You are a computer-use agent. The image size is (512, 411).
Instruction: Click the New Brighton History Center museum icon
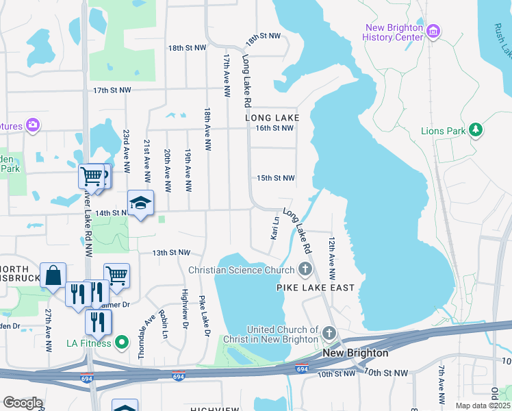433,32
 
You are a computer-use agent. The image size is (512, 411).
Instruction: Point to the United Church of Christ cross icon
329,335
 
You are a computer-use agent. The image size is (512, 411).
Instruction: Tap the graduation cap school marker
140,203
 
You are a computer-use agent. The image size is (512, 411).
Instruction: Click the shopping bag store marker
53,275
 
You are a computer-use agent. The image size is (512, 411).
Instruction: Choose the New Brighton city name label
355,353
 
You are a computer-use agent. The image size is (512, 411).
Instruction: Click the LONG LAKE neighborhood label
272,118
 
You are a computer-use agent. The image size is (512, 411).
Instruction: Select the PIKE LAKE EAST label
316,288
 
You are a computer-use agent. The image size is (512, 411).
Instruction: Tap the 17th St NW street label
112,90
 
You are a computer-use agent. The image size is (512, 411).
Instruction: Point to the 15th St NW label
275,178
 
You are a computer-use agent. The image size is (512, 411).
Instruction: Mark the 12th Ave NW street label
331,258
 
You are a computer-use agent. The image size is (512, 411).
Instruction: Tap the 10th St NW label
386,373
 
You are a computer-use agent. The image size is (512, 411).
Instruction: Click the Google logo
23,403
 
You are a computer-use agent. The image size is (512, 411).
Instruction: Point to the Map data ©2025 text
483,406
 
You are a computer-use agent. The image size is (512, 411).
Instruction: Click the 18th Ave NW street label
207,128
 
